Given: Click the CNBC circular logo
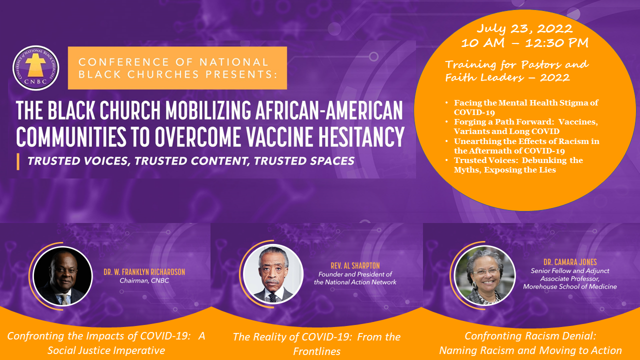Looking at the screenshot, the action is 35,68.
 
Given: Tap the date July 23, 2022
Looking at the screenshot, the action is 524,28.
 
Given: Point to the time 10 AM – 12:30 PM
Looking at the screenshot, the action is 524,43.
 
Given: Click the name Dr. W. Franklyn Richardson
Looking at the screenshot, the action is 144,271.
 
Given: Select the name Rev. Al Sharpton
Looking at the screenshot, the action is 355,265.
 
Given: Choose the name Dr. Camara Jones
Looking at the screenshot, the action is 570,262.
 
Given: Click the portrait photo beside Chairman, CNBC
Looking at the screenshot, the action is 63,276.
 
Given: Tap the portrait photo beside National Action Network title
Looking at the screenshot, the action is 273,273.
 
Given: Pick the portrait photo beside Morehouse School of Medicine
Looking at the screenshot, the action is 485,275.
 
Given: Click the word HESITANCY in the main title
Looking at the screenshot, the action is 361,136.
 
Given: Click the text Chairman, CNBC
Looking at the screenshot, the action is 144,280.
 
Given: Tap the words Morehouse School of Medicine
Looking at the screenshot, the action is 570,286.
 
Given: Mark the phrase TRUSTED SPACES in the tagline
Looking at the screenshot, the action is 304,161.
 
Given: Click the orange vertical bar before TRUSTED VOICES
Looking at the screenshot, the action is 18,161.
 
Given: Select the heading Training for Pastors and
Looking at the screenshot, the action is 517,65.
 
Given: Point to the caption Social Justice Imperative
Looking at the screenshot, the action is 106,350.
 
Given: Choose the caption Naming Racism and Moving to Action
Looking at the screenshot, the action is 530,350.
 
